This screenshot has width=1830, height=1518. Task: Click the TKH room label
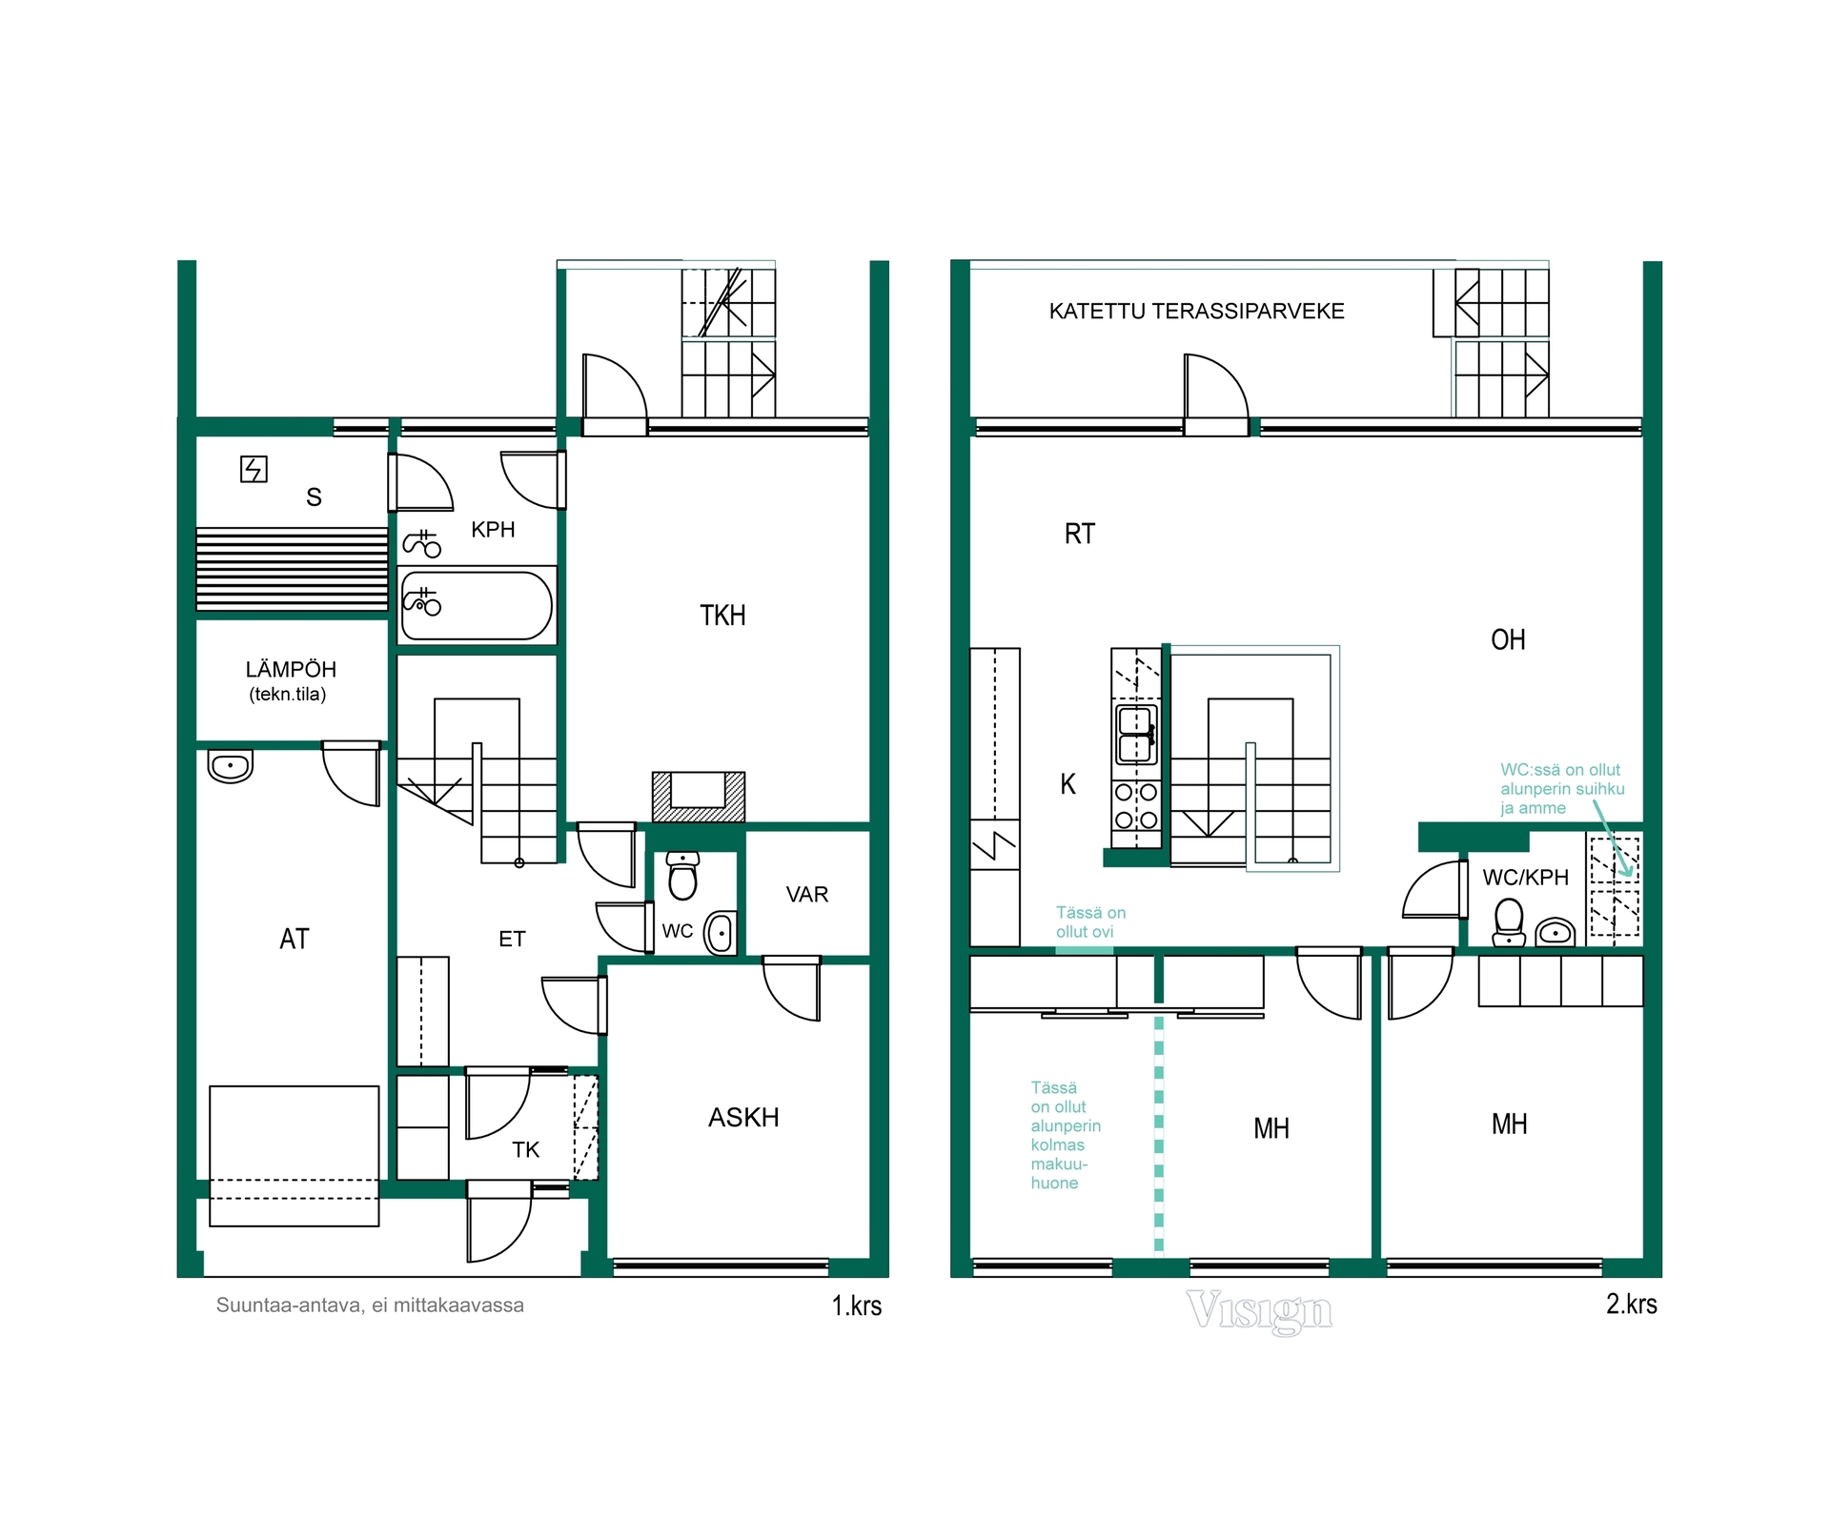pyautogui.click(x=722, y=616)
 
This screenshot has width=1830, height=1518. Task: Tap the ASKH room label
pyautogui.click(x=743, y=1118)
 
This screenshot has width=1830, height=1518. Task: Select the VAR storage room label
pyautogui.click(x=807, y=895)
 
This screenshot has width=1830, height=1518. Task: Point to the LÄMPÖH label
pyautogui.click(x=291, y=669)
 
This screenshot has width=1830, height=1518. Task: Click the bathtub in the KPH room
pyautogui.click(x=477, y=605)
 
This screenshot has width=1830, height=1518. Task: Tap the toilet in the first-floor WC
pyautogui.click(x=682, y=876)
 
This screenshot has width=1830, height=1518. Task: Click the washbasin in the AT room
pyautogui.click(x=230, y=766)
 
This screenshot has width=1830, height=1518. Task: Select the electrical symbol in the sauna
pyautogui.click(x=254, y=469)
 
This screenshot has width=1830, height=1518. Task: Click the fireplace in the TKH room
pyautogui.click(x=699, y=797)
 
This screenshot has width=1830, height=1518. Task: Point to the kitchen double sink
pyautogui.click(x=1136, y=735)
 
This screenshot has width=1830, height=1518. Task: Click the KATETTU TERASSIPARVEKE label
pyautogui.click(x=1196, y=312)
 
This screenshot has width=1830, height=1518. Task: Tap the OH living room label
pyautogui.click(x=1508, y=639)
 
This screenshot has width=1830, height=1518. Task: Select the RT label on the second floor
pyautogui.click(x=1079, y=534)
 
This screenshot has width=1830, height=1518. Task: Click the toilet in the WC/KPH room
pyautogui.click(x=1509, y=921)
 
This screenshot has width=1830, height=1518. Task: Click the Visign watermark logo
pyautogui.click(x=1259, y=1311)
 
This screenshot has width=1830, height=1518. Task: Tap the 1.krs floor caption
pyautogui.click(x=857, y=1305)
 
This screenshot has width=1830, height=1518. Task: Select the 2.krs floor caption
pyautogui.click(x=1632, y=1304)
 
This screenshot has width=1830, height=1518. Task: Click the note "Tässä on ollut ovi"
pyautogui.click(x=1090, y=922)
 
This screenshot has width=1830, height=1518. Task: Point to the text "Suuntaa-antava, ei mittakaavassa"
pyautogui.click(x=370, y=1305)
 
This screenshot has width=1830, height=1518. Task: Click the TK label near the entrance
pyautogui.click(x=525, y=1150)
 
